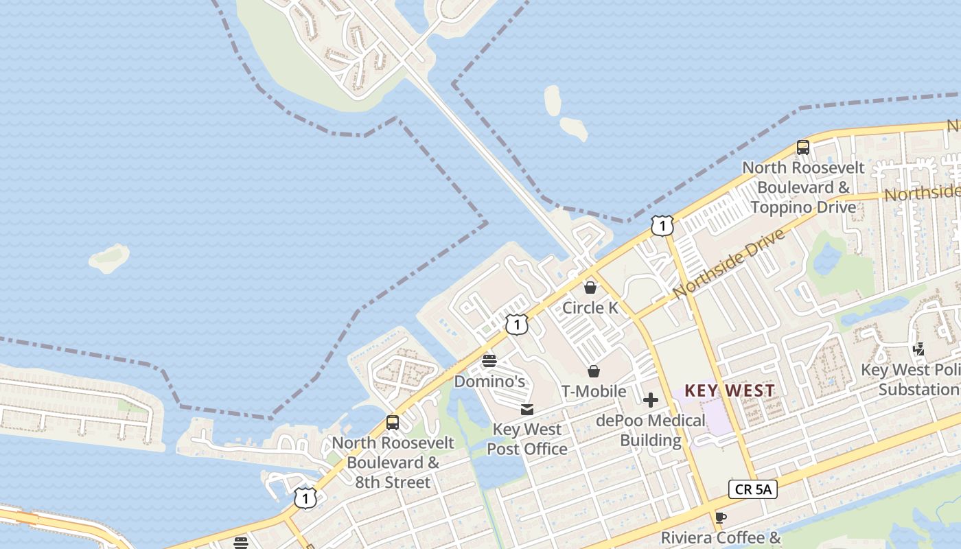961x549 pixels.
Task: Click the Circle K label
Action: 590,307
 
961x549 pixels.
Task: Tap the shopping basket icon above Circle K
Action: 590,287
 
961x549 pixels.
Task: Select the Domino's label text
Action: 491,381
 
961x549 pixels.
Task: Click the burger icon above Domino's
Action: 489,360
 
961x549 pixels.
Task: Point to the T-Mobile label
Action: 594,391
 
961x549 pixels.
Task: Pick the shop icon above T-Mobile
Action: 594,371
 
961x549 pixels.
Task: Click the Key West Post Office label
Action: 527,439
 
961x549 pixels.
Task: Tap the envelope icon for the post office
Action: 527,410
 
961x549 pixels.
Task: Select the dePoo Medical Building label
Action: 651,430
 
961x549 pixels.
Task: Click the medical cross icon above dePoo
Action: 651,400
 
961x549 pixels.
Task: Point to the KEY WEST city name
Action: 730,390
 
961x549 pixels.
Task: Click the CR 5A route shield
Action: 752,489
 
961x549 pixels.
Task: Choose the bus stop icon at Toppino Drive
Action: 802,147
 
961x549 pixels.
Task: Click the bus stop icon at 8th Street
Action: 393,423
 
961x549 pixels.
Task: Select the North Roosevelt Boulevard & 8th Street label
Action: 393,462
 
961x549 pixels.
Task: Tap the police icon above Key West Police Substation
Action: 919,349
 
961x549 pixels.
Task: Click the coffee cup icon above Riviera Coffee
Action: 720,517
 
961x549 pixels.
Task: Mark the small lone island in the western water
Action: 109,258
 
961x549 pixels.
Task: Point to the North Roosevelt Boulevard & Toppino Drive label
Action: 803,187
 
